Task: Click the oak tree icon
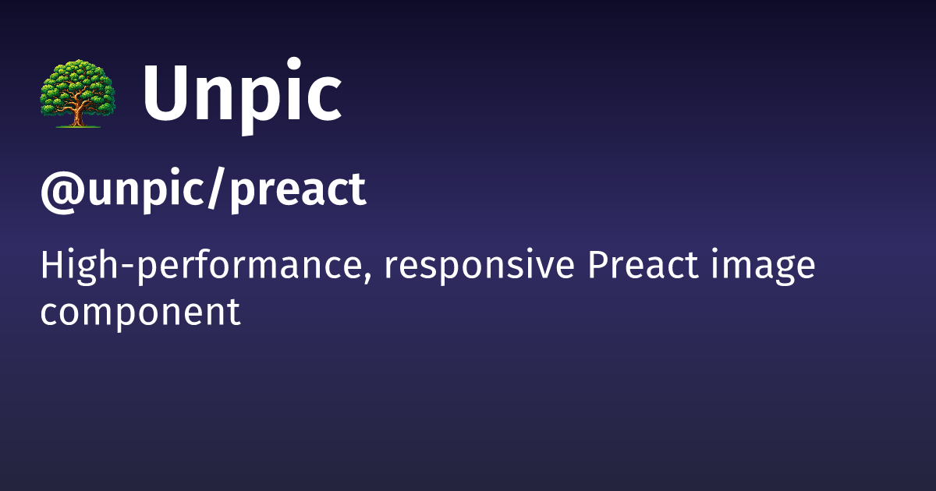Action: pyautogui.click(x=76, y=95)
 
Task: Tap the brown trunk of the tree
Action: pyautogui.click(x=76, y=114)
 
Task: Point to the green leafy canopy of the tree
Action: pyautogui.click(x=76, y=82)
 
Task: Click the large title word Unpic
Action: pyautogui.click(x=242, y=95)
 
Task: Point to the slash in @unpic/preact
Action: pyautogui.click(x=218, y=189)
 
